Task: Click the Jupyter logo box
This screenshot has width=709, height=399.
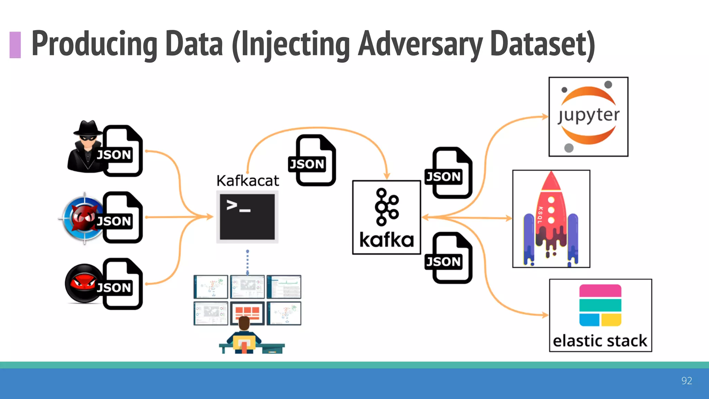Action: tap(588, 117)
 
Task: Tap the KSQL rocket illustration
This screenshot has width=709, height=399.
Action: tap(551, 219)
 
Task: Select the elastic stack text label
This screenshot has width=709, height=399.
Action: tap(600, 341)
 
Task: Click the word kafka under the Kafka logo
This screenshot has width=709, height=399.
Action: tap(386, 240)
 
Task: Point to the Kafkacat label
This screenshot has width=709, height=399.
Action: tap(248, 181)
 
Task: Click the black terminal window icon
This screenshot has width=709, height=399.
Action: tap(247, 217)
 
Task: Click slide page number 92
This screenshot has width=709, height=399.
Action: tap(686, 381)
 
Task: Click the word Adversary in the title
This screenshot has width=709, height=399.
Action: tap(420, 44)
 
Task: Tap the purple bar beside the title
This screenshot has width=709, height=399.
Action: tap(15, 45)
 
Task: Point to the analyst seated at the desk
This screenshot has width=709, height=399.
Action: tap(244, 334)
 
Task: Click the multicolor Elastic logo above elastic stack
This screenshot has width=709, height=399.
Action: tap(600, 305)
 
